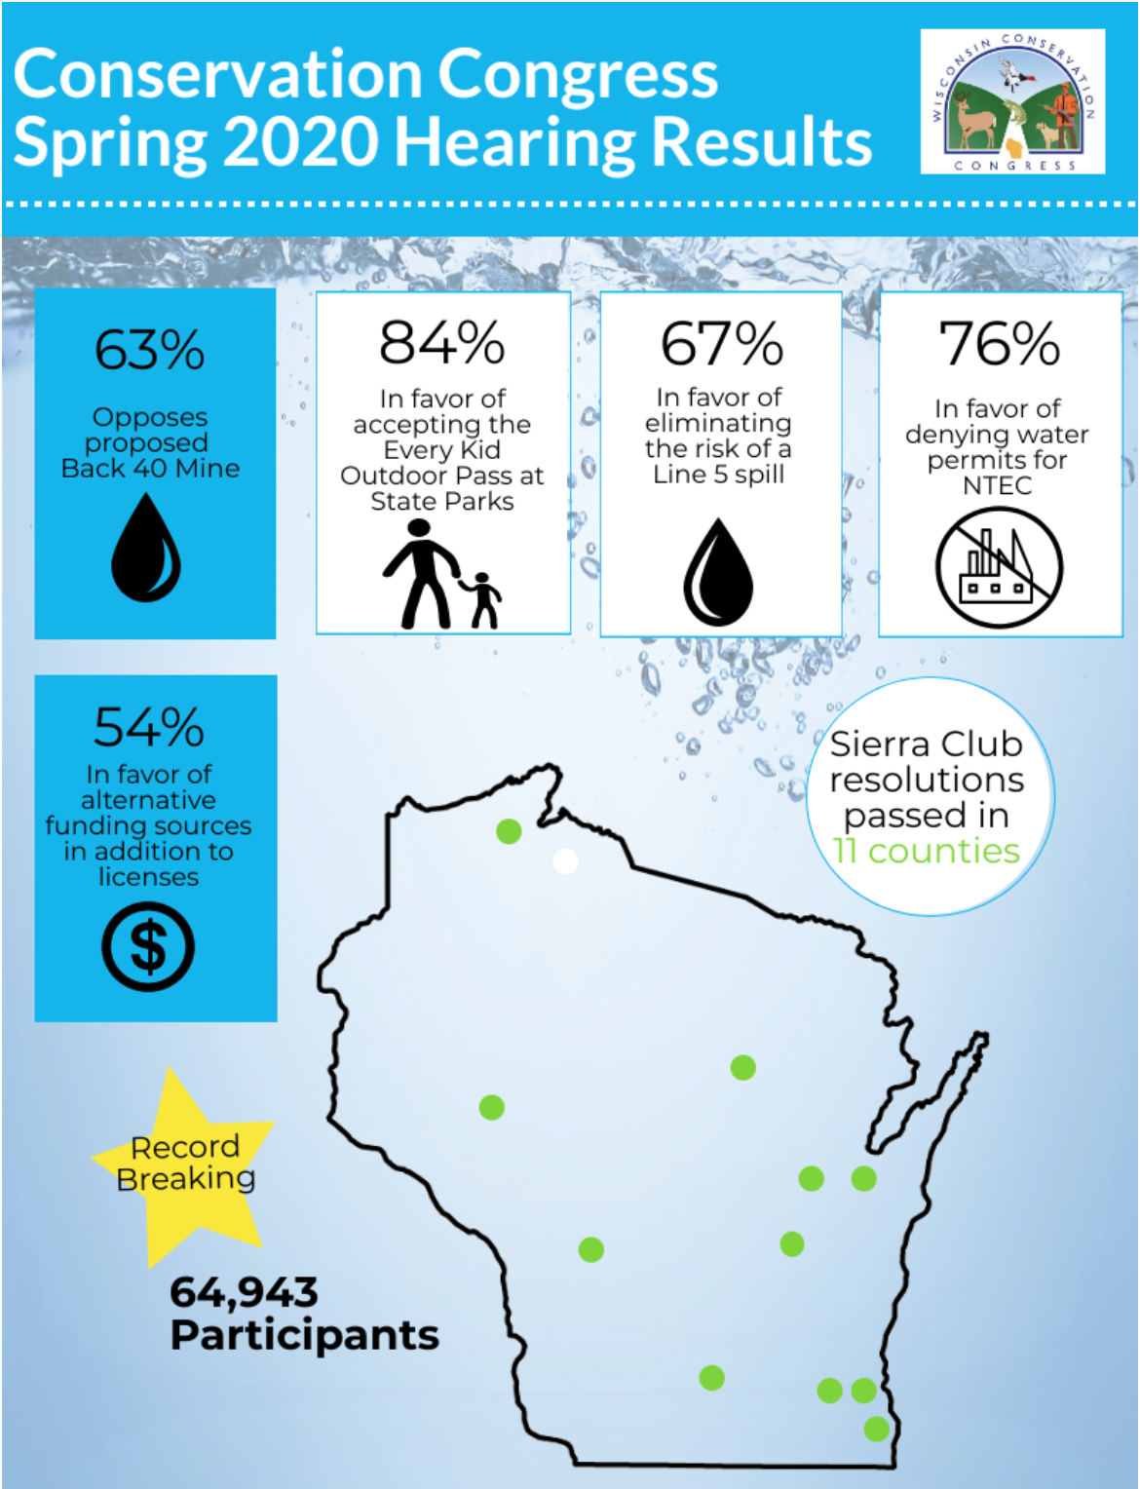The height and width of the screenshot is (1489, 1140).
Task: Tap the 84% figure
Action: (x=442, y=343)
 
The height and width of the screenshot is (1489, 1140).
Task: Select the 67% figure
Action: (x=721, y=343)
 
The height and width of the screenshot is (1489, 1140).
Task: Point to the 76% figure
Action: (x=1000, y=344)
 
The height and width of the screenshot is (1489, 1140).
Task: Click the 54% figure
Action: (x=149, y=727)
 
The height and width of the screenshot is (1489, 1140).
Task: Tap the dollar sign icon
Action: (x=148, y=946)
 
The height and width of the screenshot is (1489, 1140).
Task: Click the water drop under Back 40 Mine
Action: (x=146, y=548)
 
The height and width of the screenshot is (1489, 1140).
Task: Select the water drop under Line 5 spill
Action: (x=719, y=572)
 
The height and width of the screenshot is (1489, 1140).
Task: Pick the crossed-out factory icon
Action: (x=999, y=567)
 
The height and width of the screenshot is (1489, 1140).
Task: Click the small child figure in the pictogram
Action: (x=483, y=600)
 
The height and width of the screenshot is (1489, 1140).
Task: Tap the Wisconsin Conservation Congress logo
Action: (x=1012, y=101)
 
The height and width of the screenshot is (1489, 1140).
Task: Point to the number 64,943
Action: (x=244, y=1292)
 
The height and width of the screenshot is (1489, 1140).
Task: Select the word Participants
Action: (x=304, y=1335)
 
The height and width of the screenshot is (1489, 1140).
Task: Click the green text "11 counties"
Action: (x=927, y=851)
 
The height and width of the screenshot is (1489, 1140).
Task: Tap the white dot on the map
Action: (x=565, y=861)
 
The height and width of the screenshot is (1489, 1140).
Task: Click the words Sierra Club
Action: (x=926, y=744)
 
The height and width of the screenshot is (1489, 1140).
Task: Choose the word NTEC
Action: (x=997, y=485)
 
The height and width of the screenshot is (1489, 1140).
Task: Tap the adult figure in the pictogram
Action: (x=421, y=573)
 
